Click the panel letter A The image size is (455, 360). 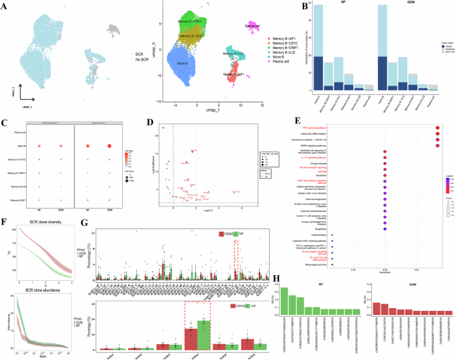tap(5, 5)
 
